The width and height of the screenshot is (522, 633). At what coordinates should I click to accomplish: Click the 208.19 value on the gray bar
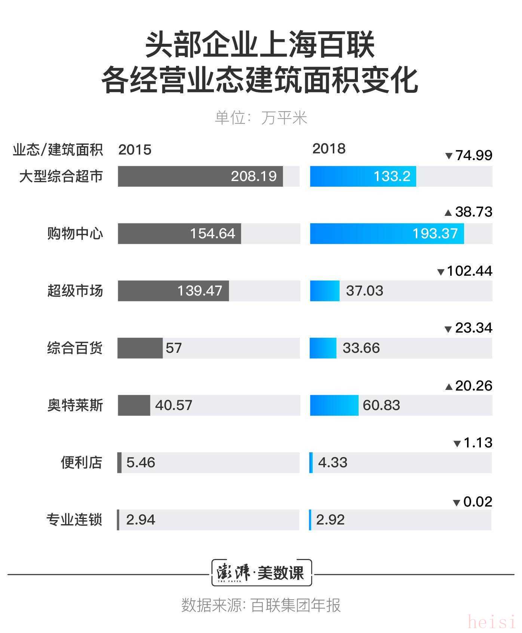[x=254, y=176]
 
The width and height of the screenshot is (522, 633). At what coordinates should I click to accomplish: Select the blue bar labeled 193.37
[x=387, y=233]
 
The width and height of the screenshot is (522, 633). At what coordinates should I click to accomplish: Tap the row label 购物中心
[x=75, y=233]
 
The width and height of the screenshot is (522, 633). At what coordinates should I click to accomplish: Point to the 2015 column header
[x=135, y=150]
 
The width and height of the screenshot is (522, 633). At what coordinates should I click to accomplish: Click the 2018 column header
[x=329, y=149]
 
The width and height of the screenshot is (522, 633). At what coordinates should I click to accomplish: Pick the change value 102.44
[x=469, y=271]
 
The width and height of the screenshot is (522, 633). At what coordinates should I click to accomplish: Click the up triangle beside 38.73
[x=448, y=213]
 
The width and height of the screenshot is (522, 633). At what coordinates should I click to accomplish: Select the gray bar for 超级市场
[x=173, y=291]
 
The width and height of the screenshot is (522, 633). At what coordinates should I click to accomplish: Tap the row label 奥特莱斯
[x=75, y=405]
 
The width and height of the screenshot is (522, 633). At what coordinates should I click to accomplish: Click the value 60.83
[x=381, y=405]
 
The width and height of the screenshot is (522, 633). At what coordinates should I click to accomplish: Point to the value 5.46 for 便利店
[x=141, y=462]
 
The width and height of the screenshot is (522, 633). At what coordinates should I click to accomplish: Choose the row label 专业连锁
[x=74, y=520]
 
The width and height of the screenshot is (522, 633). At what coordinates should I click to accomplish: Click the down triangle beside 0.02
[x=456, y=503]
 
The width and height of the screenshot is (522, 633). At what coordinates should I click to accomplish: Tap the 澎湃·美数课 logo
[x=261, y=573]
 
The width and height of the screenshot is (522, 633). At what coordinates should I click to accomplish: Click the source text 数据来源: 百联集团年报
[x=261, y=605]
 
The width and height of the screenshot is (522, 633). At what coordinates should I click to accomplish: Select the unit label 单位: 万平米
[x=261, y=118]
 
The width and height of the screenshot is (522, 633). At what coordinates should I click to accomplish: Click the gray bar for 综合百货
[x=140, y=348]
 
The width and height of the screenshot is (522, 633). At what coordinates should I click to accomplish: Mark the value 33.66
[x=361, y=348]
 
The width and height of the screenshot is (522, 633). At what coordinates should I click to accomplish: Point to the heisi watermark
[x=491, y=622]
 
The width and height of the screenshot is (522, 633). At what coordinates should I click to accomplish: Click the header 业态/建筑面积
[x=58, y=150]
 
